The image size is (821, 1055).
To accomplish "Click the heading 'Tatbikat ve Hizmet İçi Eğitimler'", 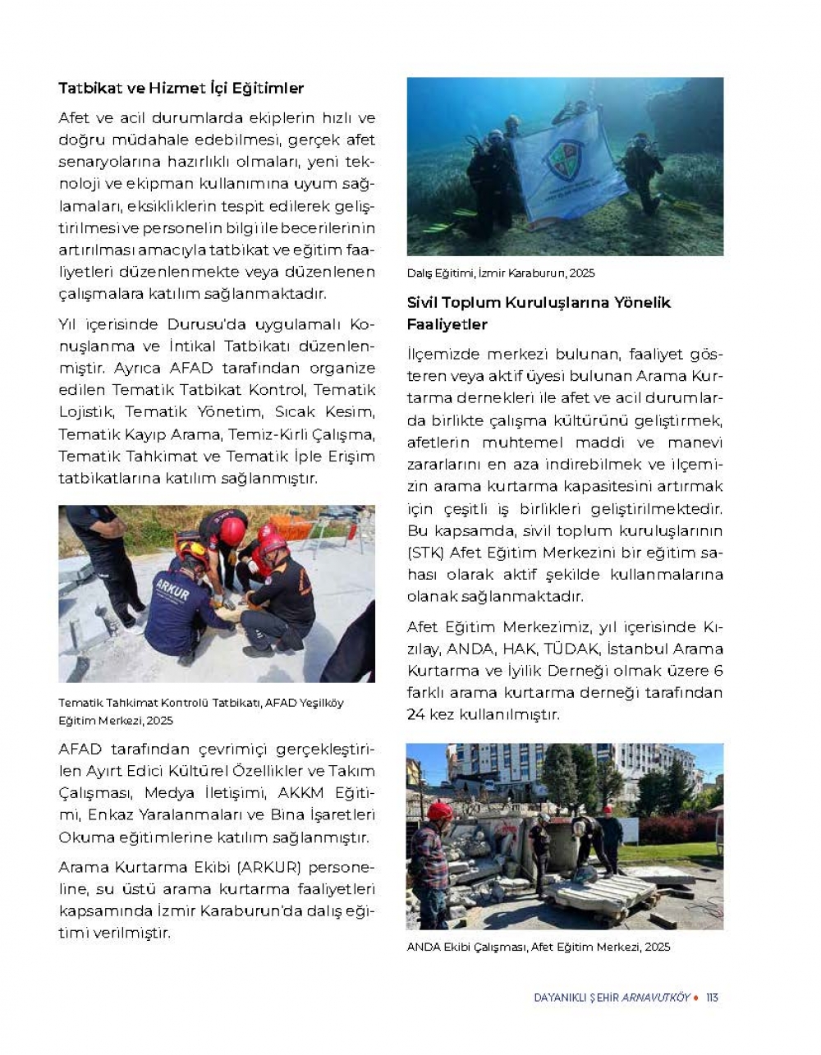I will pos(181,88).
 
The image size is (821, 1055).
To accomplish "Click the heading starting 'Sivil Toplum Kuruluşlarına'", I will pos(539,313).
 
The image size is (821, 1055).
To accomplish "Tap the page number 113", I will pos(712,998).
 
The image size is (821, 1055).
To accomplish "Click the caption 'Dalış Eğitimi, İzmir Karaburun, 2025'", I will pos(501,273).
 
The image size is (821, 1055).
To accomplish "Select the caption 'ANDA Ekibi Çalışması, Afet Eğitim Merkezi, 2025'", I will pos(539,947).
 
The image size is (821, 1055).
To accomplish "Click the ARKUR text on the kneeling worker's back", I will pos(172,592).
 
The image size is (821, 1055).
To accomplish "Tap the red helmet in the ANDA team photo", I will pos(440,811).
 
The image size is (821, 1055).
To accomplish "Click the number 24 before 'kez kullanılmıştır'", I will pos(415,714).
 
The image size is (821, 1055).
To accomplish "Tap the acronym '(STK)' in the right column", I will pos(425,553).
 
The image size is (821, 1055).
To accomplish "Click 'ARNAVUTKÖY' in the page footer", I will pos(656,998).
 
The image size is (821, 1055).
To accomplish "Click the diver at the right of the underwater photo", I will pos(643,170).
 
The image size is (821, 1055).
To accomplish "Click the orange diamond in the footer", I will pos(696,998).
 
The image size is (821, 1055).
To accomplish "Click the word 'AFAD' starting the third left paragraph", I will pos(80,750).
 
